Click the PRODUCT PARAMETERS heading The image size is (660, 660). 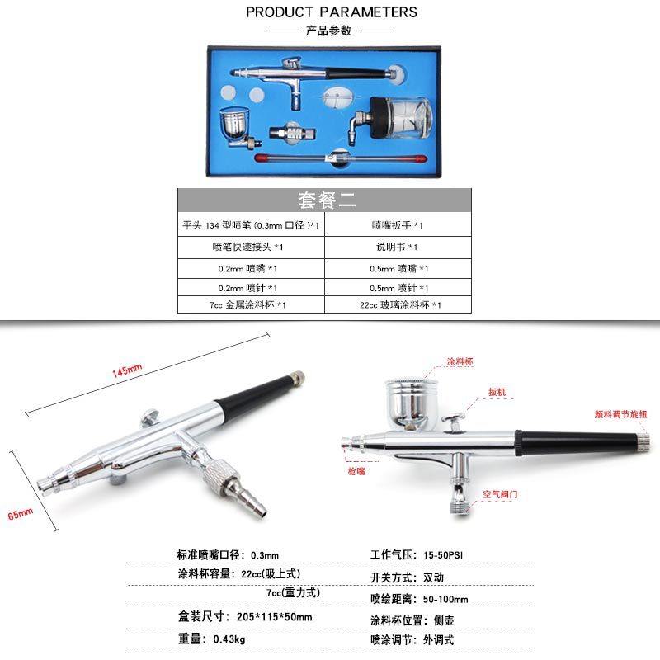[x=331, y=12]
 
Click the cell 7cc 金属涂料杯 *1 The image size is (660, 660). [x=247, y=305]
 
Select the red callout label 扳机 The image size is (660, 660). [x=497, y=392]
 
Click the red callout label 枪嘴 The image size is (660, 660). [x=356, y=471]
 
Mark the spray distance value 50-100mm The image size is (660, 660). [x=445, y=598]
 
